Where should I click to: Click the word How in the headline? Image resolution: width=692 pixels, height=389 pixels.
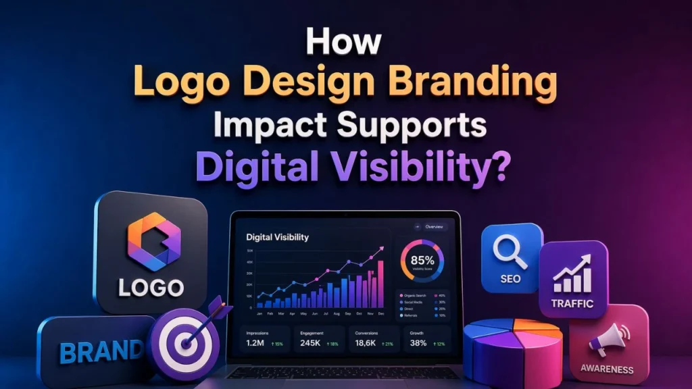click(x=345, y=41)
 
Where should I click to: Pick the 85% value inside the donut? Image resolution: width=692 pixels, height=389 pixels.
click(x=422, y=259)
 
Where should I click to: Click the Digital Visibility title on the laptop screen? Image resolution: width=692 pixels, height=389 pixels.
click(x=277, y=237)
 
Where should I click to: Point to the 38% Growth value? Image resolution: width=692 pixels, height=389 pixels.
click(x=418, y=343)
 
